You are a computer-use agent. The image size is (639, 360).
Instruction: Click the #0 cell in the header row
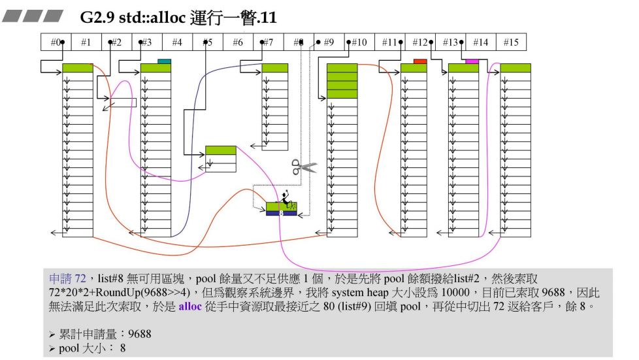tap(56, 42)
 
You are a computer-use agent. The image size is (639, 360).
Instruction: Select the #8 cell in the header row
tap(299, 42)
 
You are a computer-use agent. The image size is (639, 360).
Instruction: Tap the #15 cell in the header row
tap(511, 42)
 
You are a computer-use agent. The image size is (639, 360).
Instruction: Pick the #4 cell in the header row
tap(177, 42)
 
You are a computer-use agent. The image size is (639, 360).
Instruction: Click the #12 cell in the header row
tap(420, 42)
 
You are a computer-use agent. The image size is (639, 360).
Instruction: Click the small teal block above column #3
tap(164, 61)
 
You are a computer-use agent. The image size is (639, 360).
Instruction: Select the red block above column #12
tap(420, 61)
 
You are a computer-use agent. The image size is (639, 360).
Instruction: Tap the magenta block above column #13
tap(472, 61)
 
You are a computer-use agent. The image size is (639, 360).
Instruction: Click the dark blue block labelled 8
tap(281, 213)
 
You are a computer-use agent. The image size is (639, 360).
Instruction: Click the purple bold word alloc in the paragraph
tap(190, 305)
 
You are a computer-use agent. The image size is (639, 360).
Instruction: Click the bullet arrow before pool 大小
tap(52, 348)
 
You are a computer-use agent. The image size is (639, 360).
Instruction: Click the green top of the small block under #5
tap(220, 150)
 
